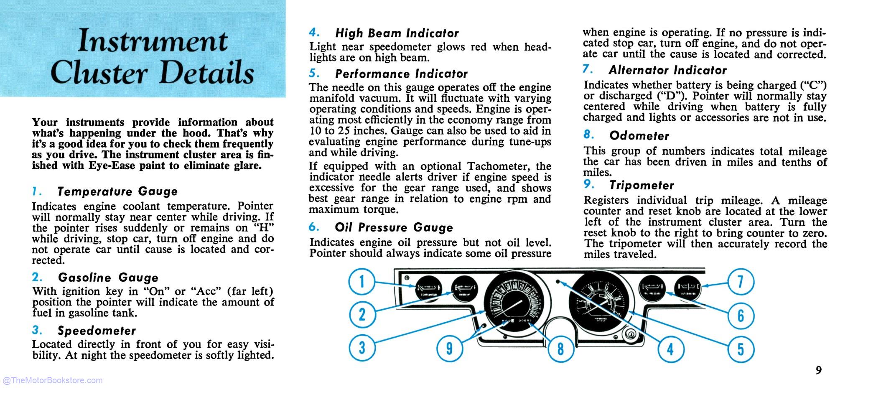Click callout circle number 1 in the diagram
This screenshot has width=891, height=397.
point(362,282)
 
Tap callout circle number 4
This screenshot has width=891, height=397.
point(670,349)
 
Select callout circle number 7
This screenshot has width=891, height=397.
point(741,282)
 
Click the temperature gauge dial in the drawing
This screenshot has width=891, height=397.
point(428,289)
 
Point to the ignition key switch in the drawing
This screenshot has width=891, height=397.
point(630,334)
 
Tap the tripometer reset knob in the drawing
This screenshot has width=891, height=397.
point(484,326)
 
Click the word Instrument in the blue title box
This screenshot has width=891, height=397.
point(153,42)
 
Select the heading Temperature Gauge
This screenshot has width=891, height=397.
point(117,191)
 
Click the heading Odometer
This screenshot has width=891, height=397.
point(639,136)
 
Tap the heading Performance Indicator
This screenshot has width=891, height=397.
point(401,74)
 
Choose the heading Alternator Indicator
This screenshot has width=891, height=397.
point(667,70)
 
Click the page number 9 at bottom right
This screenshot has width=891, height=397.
point(818,370)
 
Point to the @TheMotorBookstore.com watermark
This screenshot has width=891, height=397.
point(53,380)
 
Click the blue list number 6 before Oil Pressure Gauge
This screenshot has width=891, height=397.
point(313,227)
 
